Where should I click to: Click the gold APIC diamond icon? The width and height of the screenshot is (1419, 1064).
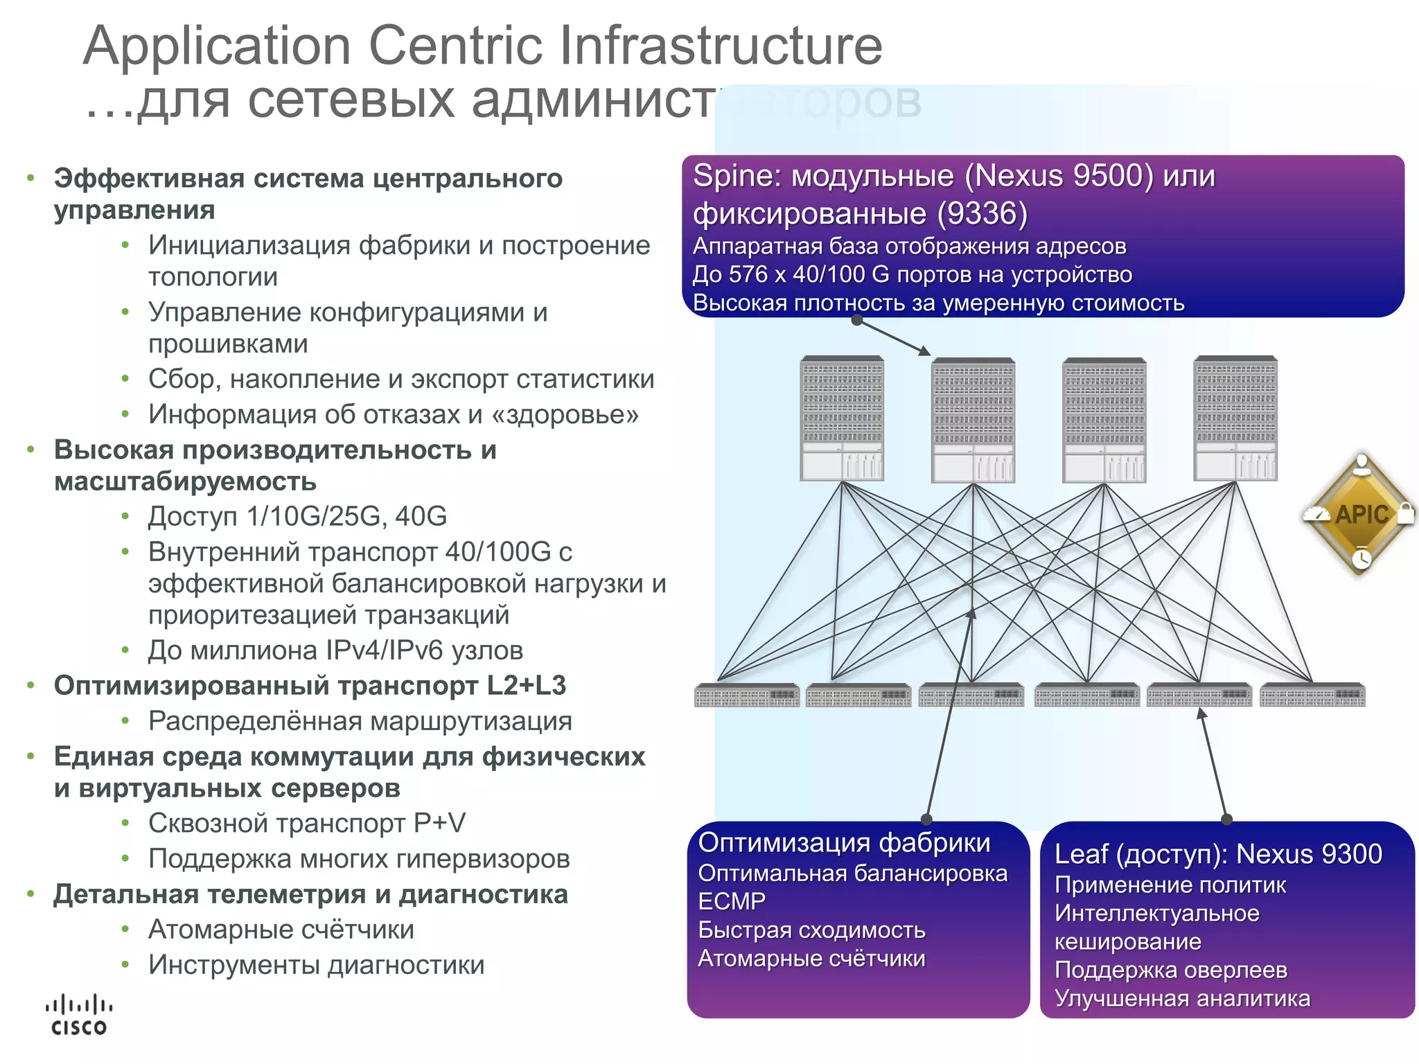coord(1360,513)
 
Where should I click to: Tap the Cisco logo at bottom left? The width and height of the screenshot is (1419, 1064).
coord(79,1016)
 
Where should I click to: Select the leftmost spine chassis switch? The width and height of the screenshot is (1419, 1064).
coord(841,418)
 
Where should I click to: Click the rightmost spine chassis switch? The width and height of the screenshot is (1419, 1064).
coord(1235,418)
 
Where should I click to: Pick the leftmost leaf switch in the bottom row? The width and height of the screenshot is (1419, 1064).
coord(746,695)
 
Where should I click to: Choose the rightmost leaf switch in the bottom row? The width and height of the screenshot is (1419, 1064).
coord(1312,695)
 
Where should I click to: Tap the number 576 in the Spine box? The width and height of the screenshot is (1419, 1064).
coord(748,274)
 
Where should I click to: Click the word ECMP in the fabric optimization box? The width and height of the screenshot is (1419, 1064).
coord(731,901)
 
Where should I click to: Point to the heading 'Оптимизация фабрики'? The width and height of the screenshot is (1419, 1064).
coord(844,842)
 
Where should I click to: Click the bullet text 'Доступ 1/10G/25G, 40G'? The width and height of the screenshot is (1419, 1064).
coord(297,517)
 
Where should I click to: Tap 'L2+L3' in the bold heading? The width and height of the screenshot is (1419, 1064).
coord(526,686)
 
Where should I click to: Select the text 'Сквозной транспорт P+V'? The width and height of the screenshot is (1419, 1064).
coord(306,824)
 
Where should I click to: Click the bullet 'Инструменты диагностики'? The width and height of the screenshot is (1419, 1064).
coord(316,965)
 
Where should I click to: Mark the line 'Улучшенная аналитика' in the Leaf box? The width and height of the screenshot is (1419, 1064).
coord(1181,998)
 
